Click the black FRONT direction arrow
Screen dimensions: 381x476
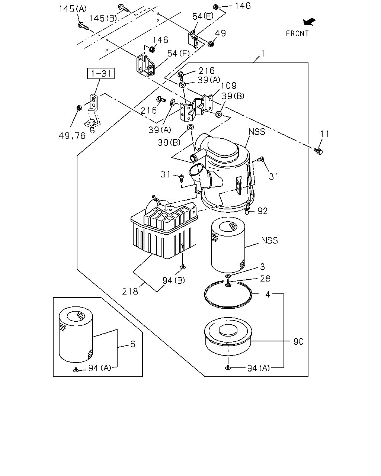tap(309, 22)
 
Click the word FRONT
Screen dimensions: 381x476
tap(297, 33)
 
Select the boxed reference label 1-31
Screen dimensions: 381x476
tap(101, 73)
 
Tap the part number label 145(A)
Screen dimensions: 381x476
tap(73, 9)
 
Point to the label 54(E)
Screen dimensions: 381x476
tap(203, 16)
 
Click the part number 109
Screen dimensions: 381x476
tap(229, 86)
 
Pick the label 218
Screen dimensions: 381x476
tap(130, 292)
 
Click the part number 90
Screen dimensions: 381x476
tap(298, 341)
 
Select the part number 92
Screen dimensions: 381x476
tap(263, 211)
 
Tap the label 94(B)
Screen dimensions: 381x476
tap(173, 280)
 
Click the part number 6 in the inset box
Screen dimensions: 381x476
tap(132, 344)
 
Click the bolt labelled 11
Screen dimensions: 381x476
tap(318, 151)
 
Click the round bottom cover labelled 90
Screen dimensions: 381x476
tap(228, 336)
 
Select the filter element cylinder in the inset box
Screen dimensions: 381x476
tap(76, 334)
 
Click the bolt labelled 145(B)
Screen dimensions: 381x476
tap(123, 8)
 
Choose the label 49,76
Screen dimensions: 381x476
tap(72, 136)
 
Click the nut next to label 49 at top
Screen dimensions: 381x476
tap(211, 44)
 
